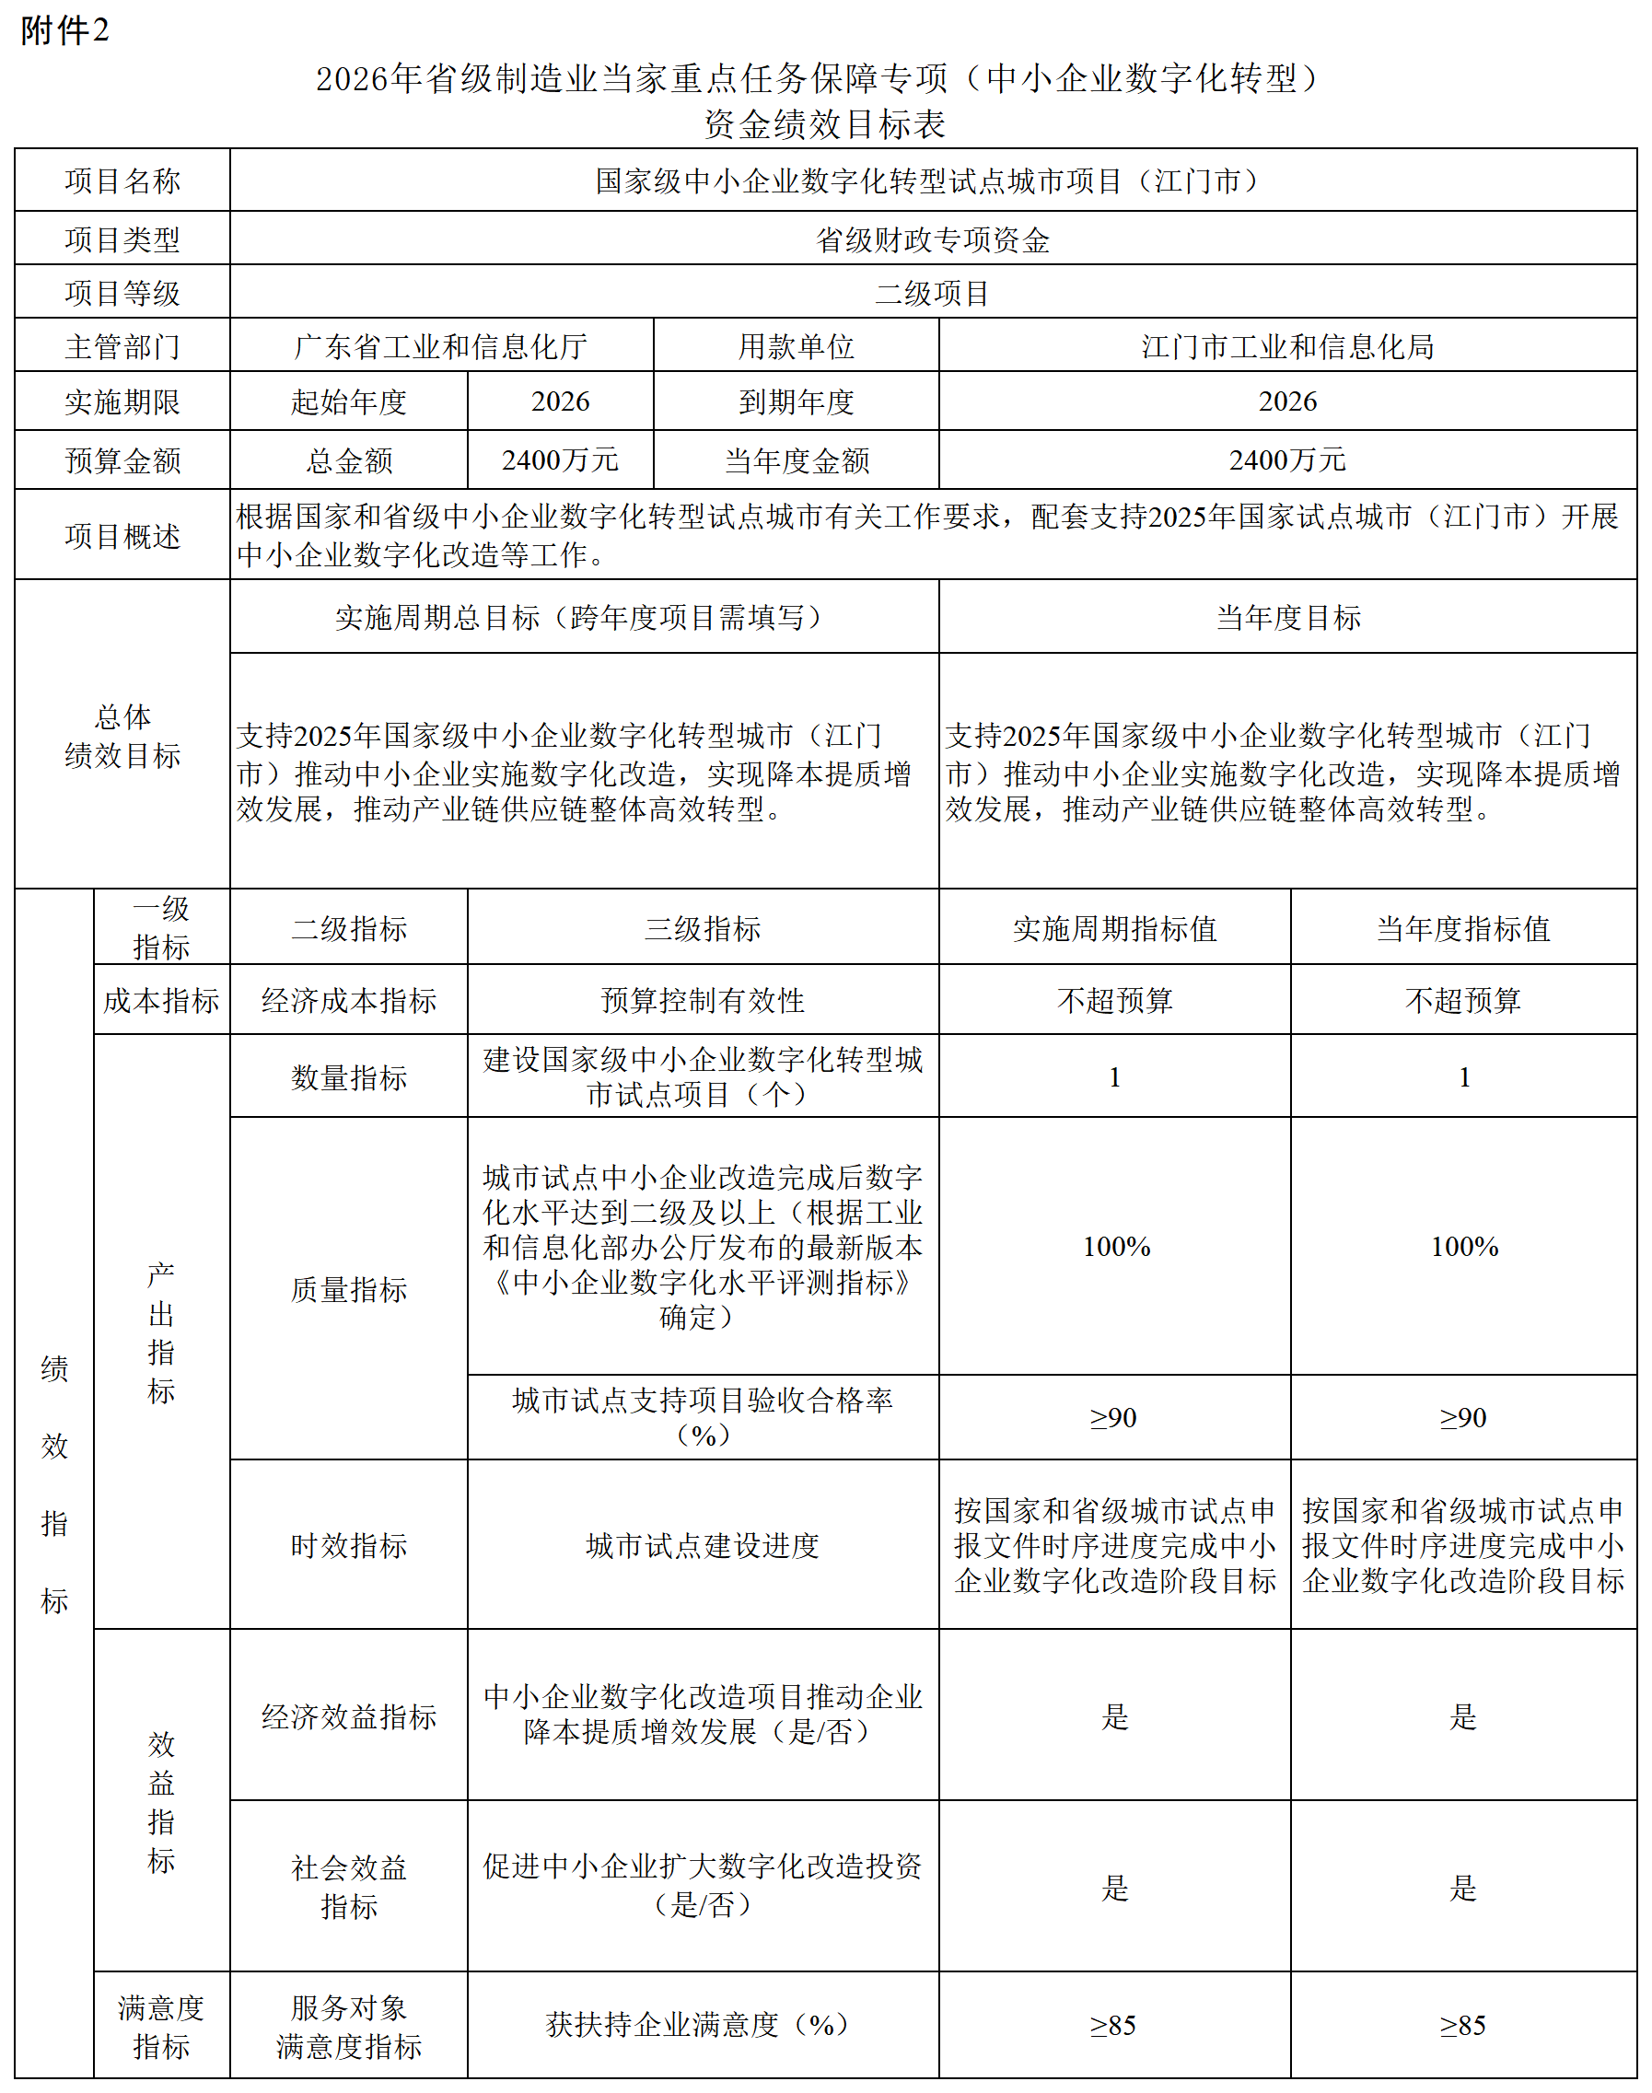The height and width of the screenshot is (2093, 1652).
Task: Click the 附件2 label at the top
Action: coord(64,31)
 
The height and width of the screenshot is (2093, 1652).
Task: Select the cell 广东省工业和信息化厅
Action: coord(440,346)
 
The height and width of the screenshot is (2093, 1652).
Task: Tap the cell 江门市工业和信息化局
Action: coord(1286,346)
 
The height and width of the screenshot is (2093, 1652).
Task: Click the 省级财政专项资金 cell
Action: coord(933,239)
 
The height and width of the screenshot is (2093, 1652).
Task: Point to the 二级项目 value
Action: coord(933,293)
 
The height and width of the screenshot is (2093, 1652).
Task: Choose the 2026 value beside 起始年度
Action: coord(560,401)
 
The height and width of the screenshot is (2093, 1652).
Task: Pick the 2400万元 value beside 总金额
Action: coord(560,460)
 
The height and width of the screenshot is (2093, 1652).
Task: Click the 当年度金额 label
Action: coord(796,460)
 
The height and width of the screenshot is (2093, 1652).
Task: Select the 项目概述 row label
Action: coord(122,536)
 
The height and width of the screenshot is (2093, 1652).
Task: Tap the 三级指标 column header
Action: coord(703,928)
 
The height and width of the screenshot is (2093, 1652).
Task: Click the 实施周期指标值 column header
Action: coord(1114,928)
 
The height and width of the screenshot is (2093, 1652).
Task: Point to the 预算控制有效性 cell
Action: coord(703,1000)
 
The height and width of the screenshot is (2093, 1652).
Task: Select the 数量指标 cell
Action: coord(348,1077)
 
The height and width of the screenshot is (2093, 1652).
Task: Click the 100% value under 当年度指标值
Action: coord(1463,1247)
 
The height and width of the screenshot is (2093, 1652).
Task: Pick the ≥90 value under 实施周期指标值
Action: coord(1114,1418)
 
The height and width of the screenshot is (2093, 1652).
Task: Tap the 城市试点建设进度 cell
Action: coord(703,1545)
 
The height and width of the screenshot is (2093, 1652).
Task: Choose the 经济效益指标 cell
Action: coord(348,1716)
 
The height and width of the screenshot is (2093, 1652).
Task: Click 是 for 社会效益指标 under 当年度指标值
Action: coord(1463,1887)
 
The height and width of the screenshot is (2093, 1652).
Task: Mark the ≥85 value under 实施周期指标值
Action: coord(1114,2025)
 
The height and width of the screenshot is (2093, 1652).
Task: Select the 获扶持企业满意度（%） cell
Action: coord(703,2025)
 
